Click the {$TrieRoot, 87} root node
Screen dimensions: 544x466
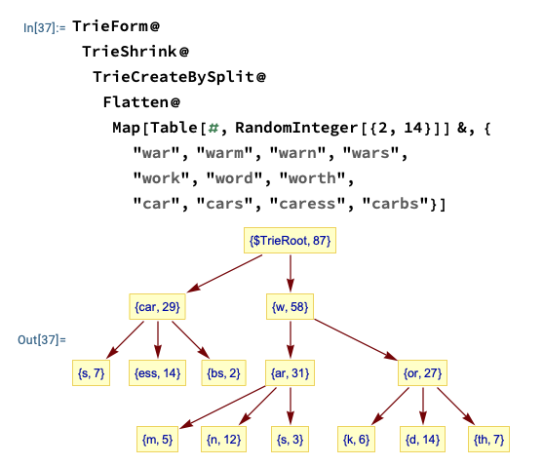(x=290, y=240)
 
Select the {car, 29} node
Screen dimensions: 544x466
(x=157, y=306)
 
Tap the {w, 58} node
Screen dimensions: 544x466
(x=290, y=306)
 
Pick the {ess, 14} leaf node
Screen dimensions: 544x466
(x=157, y=373)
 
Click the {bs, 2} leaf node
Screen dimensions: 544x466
(x=223, y=373)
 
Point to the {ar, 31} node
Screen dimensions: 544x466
(x=290, y=373)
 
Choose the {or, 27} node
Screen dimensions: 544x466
(x=422, y=373)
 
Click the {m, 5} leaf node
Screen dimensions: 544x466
(x=157, y=440)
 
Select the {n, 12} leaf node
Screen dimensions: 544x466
(x=223, y=440)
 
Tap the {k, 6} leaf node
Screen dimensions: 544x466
(x=356, y=440)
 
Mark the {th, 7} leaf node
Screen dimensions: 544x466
(x=488, y=440)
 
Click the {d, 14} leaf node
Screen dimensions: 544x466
(x=422, y=440)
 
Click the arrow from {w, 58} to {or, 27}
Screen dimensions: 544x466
(x=356, y=339)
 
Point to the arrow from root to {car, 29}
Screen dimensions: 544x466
(x=224, y=273)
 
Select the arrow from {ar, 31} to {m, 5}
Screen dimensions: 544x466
(x=222, y=407)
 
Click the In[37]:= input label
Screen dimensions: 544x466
(x=45, y=27)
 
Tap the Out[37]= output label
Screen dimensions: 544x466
(x=42, y=339)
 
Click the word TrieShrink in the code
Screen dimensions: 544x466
(x=130, y=52)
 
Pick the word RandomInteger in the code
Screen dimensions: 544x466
(x=296, y=128)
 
